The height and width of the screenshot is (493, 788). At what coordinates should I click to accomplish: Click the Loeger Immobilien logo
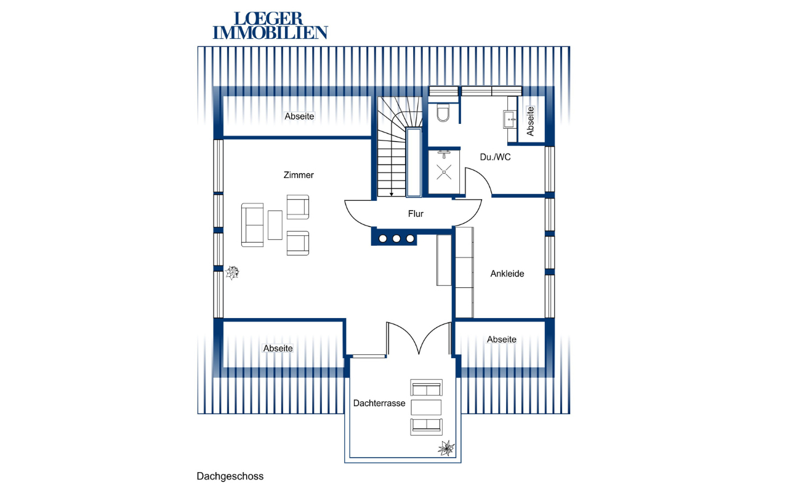[x=270, y=25]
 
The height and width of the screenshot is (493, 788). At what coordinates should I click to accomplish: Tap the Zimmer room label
[x=299, y=175]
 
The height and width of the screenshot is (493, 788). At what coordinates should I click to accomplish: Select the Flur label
[x=416, y=214]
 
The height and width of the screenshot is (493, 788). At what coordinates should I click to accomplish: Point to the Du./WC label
[x=496, y=157]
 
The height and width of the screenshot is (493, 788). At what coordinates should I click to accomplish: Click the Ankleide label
[x=507, y=274]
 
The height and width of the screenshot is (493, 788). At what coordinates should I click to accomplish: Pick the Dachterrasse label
[x=379, y=403]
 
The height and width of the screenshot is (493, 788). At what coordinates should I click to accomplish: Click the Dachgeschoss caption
[x=230, y=476]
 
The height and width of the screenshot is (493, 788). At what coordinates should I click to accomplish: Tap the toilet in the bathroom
[x=443, y=112]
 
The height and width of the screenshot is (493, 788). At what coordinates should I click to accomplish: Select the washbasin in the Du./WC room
[x=510, y=120]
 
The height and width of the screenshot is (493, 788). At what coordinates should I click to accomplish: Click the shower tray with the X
[x=444, y=172]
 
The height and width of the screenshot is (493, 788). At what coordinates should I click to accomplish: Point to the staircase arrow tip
[x=391, y=195]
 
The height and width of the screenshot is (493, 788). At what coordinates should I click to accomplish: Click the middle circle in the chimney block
[x=396, y=238]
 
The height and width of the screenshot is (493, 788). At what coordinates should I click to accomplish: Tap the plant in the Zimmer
[x=232, y=272]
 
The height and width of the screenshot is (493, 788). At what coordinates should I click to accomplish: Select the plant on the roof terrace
[x=446, y=448]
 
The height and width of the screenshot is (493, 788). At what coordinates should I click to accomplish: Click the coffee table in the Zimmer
[x=275, y=225]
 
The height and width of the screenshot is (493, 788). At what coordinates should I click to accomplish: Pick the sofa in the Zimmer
[x=252, y=225]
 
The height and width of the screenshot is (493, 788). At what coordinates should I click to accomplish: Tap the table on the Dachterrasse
[x=426, y=407]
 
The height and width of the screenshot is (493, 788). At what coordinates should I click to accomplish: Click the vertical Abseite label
[x=530, y=121]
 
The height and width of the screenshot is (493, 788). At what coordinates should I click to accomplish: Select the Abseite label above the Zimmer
[x=299, y=116]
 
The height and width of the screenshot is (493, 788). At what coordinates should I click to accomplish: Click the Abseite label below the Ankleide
[x=502, y=340]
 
